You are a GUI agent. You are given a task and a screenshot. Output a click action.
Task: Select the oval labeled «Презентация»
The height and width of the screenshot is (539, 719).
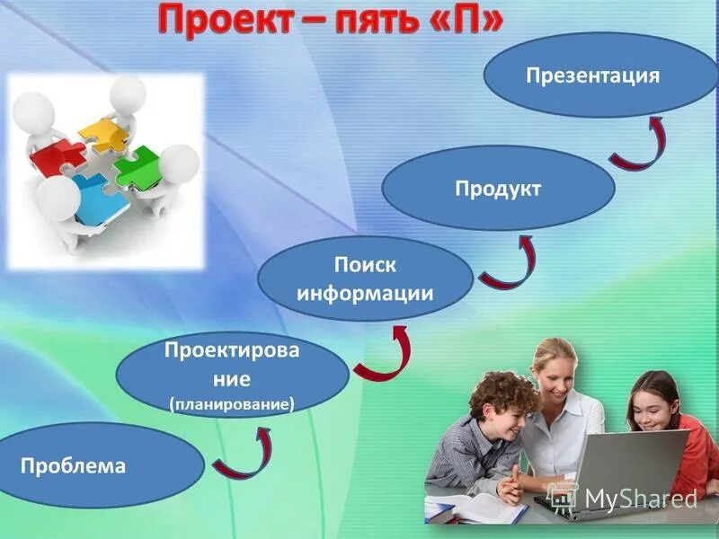[592, 75]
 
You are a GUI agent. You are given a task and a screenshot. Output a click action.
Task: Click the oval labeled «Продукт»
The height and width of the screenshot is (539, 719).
[498, 188]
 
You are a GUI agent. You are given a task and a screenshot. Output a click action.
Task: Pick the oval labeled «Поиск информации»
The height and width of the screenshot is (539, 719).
[364, 279]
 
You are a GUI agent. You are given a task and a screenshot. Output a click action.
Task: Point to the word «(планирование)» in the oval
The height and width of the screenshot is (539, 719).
[232, 404]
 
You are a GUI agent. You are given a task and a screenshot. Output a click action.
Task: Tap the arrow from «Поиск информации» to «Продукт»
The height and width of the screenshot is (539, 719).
[508, 264]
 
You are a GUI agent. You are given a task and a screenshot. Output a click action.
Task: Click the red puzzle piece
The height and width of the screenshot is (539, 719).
[58, 158]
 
